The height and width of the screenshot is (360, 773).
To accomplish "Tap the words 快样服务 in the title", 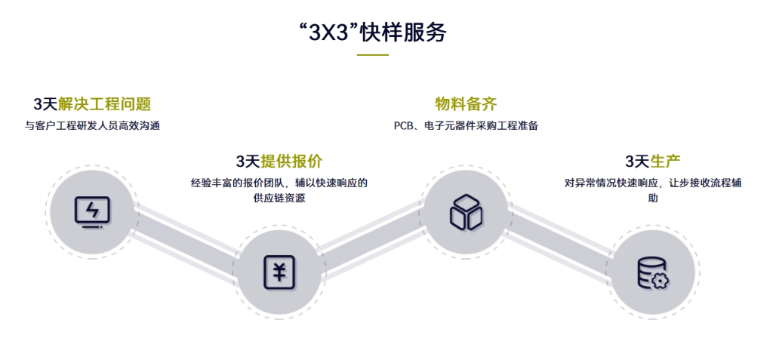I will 404,33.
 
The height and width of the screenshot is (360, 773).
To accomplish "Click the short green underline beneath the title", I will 372,54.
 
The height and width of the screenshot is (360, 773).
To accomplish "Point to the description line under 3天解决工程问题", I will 92,125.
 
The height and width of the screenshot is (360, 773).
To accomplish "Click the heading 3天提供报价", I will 279,161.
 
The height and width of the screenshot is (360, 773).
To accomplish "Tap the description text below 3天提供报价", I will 279,189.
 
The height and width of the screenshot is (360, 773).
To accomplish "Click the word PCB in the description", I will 402,125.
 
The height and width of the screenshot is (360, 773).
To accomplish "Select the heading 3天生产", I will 653,161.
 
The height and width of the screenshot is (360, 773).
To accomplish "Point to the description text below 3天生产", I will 653,189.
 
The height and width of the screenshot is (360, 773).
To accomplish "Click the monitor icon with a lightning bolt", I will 91,211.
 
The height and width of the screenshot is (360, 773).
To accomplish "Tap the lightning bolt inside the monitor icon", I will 91,208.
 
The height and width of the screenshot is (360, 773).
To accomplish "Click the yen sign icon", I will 279,272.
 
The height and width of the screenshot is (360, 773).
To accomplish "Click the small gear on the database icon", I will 661,280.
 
